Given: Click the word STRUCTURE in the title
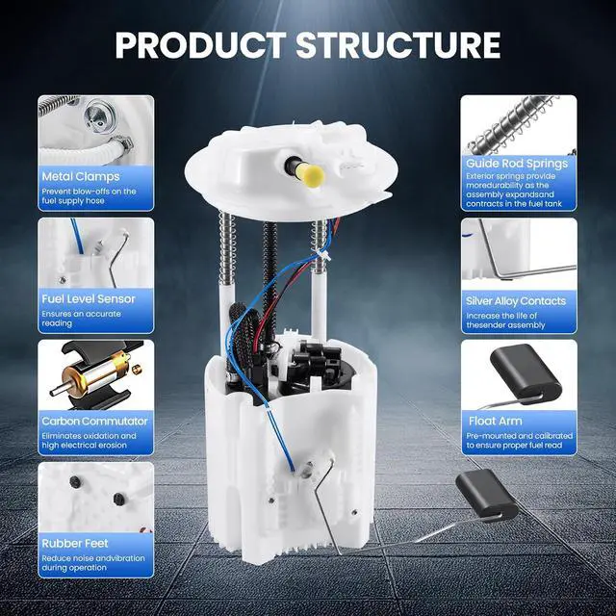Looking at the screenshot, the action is tap(398, 45).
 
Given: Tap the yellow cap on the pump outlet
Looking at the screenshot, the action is tap(311, 175).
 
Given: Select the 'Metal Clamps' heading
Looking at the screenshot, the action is tap(81, 177).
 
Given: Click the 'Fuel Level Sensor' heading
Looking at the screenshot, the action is tap(89, 299).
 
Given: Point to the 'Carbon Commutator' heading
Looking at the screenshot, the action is tap(94, 422).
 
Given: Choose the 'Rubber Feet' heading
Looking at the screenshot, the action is tap(75, 543).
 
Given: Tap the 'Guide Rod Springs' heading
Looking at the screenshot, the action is tap(517, 164).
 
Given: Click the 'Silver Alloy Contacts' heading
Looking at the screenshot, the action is tap(516, 301).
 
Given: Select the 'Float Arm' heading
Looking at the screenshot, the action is tap(496, 422).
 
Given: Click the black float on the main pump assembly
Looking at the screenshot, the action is tap(486, 494).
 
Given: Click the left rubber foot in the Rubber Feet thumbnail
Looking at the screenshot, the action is tap(75, 482).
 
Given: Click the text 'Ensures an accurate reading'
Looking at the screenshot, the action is tap(81, 319).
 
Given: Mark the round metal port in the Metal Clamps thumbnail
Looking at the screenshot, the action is tap(98, 115).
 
